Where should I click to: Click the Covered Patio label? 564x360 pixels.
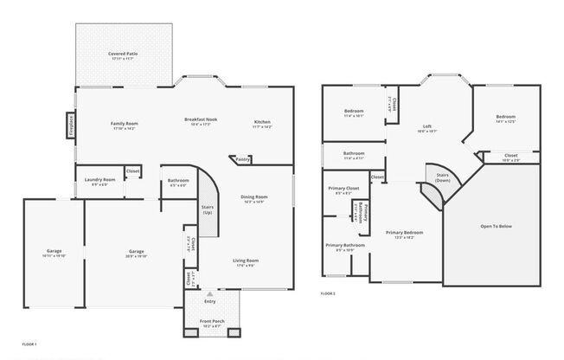(x=123, y=54)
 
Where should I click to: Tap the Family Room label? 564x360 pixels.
(x=124, y=123)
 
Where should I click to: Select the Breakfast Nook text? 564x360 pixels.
(x=200, y=119)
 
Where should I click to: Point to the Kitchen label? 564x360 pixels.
(x=262, y=121)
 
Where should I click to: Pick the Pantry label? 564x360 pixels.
(x=243, y=159)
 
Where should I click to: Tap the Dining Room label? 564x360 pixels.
(x=254, y=196)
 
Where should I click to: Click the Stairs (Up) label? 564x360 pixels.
(x=207, y=209)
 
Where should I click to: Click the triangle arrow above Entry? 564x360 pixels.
(x=208, y=294)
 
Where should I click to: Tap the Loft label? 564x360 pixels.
(x=427, y=125)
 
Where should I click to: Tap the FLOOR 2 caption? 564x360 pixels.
(x=328, y=294)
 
